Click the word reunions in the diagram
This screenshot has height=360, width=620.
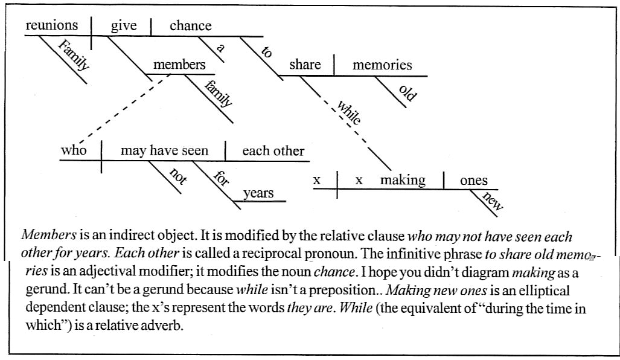[x=52, y=25]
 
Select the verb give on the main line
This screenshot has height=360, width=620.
[x=124, y=25]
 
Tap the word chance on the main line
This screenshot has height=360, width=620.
[x=191, y=25]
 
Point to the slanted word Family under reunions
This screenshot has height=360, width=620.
[x=74, y=54]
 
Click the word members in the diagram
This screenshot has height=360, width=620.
[x=179, y=65]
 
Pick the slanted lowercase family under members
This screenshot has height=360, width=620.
[x=218, y=94]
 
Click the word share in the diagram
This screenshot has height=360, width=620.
[x=305, y=65]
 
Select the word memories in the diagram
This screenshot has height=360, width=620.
[x=382, y=65]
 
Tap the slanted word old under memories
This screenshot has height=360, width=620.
[x=409, y=92]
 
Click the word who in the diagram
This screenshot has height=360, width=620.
[x=74, y=150]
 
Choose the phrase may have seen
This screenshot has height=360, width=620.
[x=164, y=151]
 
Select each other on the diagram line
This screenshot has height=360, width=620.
[x=273, y=151]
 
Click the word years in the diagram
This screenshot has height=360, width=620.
[x=258, y=193]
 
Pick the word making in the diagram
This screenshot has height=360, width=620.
[x=403, y=180]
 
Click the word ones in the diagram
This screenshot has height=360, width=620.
[x=474, y=180]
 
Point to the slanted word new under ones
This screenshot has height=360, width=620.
[x=494, y=201]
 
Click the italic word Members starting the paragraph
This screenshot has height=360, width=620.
[x=43, y=235]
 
